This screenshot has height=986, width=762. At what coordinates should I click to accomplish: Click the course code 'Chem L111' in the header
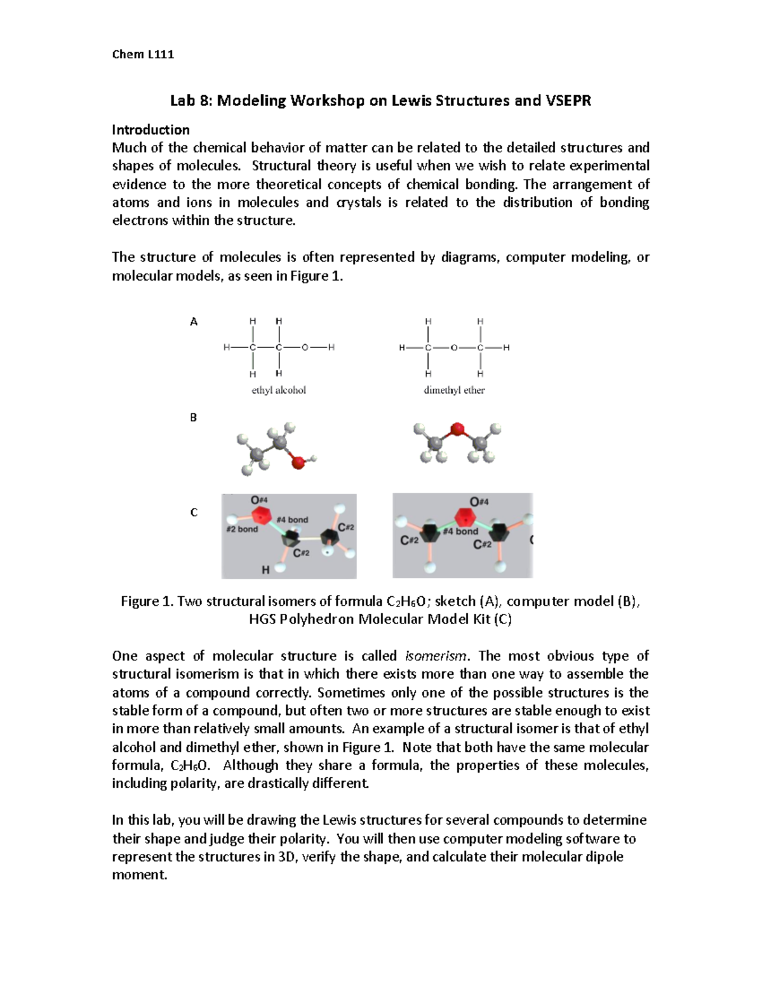pos(143,54)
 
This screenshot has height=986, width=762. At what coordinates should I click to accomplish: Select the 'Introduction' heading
pos(150,130)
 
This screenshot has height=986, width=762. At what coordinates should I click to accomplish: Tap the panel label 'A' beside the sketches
pos(194,322)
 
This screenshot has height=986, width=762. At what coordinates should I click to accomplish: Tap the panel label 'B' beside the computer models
pos(194,417)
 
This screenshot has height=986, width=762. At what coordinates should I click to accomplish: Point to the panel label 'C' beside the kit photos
pos(194,512)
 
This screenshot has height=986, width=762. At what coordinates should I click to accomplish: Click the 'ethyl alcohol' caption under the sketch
pos(279,390)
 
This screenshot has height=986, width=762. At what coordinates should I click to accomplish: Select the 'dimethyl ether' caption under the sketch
pos(454,390)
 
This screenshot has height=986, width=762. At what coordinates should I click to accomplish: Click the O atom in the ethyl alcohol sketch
pos(305,348)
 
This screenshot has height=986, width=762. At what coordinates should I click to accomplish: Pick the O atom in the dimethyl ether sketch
pos(453,348)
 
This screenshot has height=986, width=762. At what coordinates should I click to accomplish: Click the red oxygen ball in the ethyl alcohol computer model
pos(297,462)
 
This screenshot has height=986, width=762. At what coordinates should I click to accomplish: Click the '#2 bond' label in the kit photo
pos(242,529)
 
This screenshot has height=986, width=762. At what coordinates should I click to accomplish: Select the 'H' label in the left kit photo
pos(265,570)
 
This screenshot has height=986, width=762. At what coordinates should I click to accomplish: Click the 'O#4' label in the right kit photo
pos(479,502)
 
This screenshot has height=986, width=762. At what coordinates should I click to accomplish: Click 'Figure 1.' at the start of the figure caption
pos(147,601)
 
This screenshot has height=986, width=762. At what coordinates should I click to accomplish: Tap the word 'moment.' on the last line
pos(140,875)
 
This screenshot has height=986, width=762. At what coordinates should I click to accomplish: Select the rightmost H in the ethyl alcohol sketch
pos(331,348)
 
